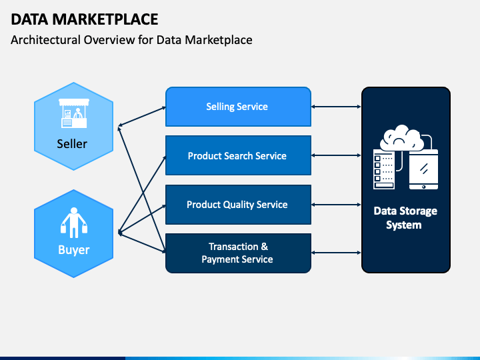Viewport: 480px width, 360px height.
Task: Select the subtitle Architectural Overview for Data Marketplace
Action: pos(131,40)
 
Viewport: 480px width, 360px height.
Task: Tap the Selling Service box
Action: pos(237,107)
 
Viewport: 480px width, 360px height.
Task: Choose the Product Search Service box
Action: pos(237,156)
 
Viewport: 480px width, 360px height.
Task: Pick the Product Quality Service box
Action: pos(237,205)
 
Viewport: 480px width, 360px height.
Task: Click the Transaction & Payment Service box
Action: pos(237,253)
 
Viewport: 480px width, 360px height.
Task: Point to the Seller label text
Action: pos(72,144)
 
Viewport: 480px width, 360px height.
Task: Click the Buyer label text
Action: pos(73,250)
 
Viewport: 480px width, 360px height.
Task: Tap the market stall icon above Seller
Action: pos(73,115)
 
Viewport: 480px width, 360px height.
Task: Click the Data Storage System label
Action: pos(405,218)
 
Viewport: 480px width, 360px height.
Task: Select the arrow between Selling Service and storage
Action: pos(336,107)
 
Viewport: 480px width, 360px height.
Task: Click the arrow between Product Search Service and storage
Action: pos(336,156)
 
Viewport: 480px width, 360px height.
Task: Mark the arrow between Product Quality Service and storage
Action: pos(336,205)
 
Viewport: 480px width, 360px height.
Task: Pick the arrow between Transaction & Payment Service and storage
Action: pos(336,253)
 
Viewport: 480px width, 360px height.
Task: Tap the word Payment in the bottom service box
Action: pos(223,259)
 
